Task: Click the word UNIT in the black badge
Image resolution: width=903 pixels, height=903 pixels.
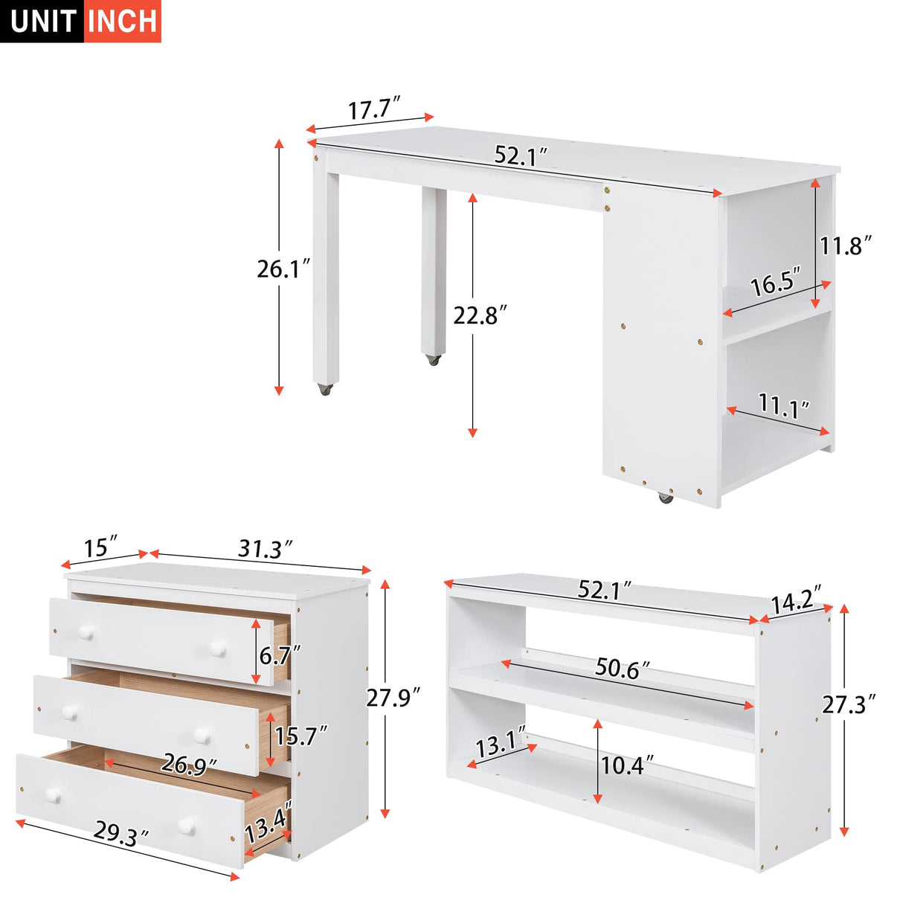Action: pyautogui.click(x=43, y=22)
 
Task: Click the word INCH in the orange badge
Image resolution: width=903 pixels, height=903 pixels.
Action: pyautogui.click(x=123, y=22)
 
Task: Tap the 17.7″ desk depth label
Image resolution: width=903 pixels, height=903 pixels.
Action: pyautogui.click(x=375, y=109)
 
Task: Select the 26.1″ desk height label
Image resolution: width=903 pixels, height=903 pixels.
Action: pyautogui.click(x=283, y=269)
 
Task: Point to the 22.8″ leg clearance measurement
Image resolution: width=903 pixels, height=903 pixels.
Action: pyautogui.click(x=480, y=315)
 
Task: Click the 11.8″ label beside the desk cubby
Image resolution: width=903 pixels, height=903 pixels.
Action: pyautogui.click(x=845, y=245)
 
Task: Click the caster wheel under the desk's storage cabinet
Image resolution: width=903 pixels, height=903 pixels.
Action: pyautogui.click(x=665, y=496)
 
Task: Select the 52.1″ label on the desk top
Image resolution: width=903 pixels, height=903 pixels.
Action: pyautogui.click(x=521, y=155)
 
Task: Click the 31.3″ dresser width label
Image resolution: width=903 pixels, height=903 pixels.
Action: pyautogui.click(x=265, y=549)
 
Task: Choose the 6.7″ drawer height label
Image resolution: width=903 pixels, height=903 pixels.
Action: pyautogui.click(x=280, y=655)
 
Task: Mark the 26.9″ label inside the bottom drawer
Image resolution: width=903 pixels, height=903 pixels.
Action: pyautogui.click(x=190, y=764)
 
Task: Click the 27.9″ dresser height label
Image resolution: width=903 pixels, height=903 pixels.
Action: pyautogui.click(x=393, y=698)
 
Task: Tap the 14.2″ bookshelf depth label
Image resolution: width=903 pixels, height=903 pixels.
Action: pyautogui.click(x=795, y=600)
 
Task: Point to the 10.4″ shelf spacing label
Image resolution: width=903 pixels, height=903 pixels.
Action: pyautogui.click(x=628, y=764)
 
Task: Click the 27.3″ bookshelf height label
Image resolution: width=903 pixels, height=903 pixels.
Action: pyautogui.click(x=849, y=704)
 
